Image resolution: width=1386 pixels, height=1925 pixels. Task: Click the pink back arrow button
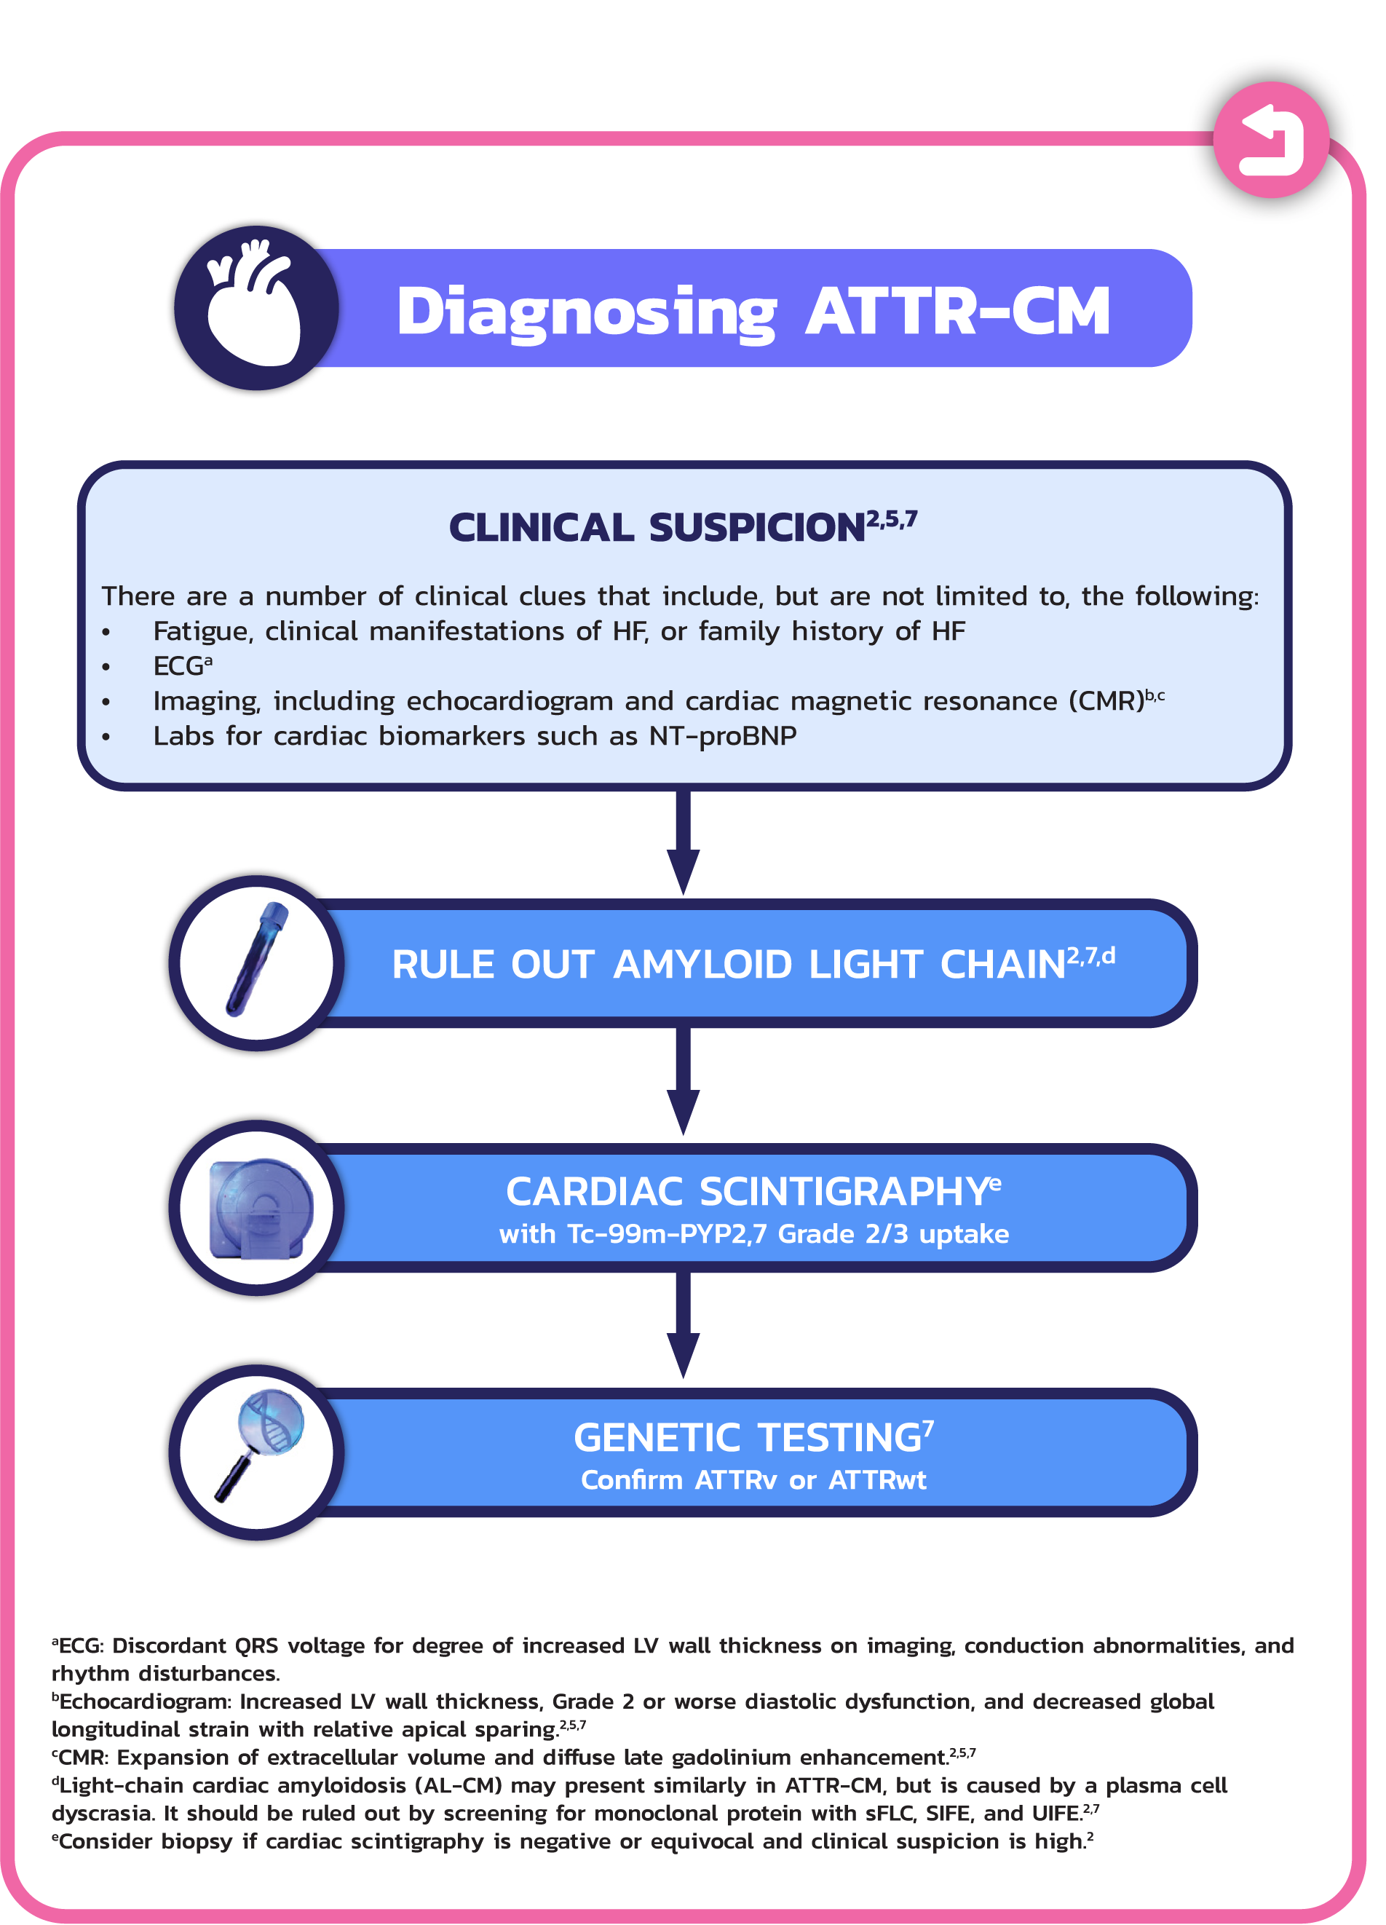tap(1270, 140)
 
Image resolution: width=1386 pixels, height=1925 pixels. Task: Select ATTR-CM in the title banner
tap(957, 312)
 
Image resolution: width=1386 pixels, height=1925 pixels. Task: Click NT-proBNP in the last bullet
tap(722, 736)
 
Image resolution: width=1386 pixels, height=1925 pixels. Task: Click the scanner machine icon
tap(260, 1208)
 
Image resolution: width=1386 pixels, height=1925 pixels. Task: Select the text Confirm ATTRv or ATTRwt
tap(752, 1480)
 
